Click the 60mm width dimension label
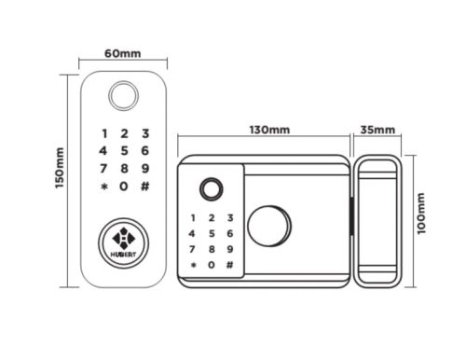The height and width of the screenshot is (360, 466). (123, 53)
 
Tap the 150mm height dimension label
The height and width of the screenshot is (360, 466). (60, 168)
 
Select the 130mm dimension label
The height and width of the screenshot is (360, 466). (269, 130)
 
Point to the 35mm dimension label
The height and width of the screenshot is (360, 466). (377, 130)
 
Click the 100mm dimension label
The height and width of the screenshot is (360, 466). (420, 214)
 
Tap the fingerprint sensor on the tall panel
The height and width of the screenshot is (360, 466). (123, 95)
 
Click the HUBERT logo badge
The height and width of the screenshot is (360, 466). (123, 242)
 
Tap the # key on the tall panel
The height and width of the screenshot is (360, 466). (145, 187)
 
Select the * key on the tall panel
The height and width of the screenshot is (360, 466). (104, 187)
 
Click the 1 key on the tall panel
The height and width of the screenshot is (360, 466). (104, 133)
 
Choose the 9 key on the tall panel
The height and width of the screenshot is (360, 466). (145, 169)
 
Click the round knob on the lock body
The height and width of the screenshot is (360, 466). (269, 226)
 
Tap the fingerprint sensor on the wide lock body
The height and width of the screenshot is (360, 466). (212, 189)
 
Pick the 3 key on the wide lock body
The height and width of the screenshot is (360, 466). (230, 217)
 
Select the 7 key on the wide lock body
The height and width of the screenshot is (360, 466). (192, 249)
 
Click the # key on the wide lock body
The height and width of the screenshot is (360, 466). (229, 265)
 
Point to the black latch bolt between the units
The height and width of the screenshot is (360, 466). (352, 216)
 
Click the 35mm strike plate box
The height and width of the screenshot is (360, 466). (377, 221)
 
